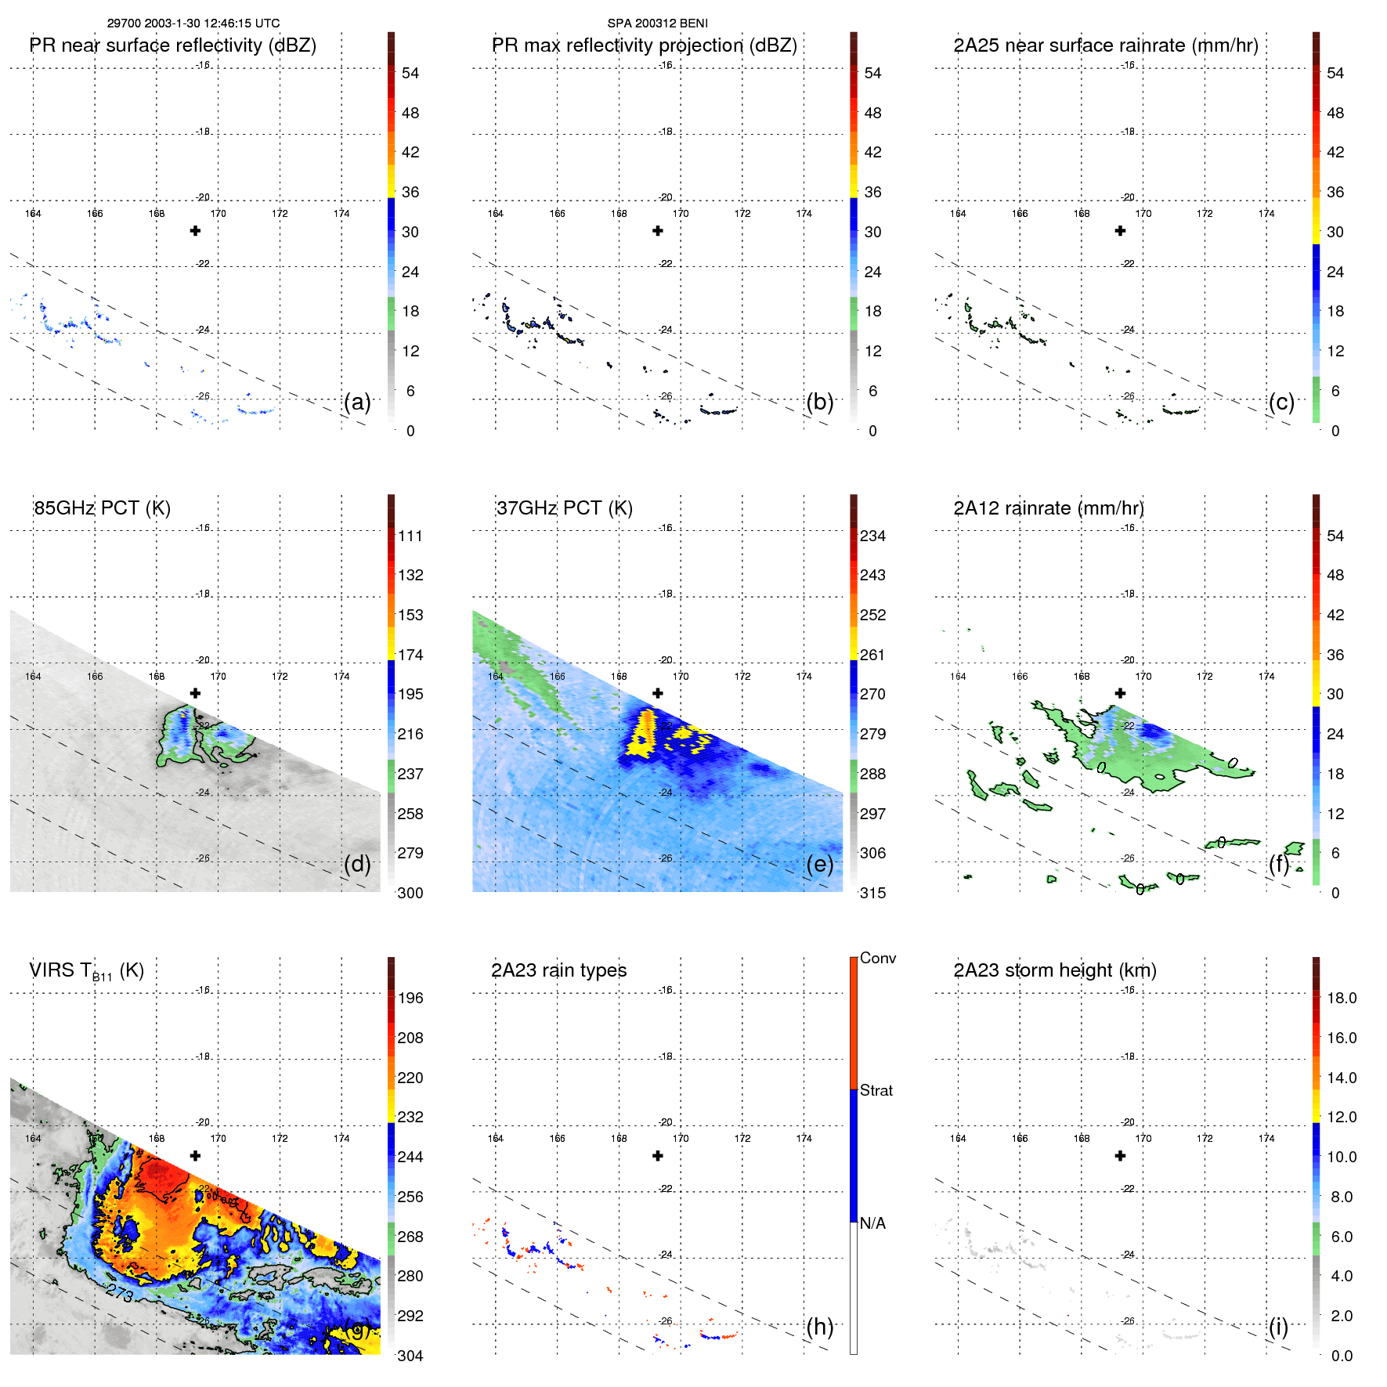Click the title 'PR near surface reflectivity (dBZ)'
[172, 45]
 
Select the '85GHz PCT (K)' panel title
[102, 507]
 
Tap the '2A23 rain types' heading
[558, 970]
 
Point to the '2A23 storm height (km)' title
[1055, 970]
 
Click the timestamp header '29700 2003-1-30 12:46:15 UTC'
[193, 23]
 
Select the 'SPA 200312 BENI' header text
[657, 23]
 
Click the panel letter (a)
[357, 403]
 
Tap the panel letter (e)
[819, 865]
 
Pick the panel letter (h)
[819, 1327]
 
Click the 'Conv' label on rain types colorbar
[877, 958]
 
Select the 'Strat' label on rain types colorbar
[876, 1090]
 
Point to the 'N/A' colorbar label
[872, 1223]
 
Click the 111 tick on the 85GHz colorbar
[410, 536]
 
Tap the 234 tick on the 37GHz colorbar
[872, 536]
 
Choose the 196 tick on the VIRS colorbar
[410, 998]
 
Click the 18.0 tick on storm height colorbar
[1341, 998]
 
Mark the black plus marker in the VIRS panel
[195, 1156]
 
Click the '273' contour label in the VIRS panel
[120, 1292]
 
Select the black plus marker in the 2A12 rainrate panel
[1120, 693]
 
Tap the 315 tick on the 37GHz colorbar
[872, 893]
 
